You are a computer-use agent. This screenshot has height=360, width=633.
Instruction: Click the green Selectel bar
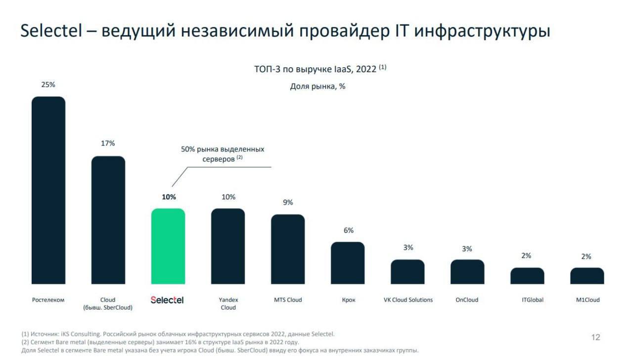[168, 246]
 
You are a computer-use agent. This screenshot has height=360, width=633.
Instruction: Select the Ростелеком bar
[48, 190]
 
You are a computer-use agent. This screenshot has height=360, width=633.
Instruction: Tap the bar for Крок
[348, 263]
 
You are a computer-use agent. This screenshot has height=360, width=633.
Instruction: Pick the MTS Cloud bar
[288, 249]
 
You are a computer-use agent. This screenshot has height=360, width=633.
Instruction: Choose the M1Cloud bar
[587, 276]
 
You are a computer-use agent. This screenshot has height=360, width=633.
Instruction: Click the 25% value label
[48, 85]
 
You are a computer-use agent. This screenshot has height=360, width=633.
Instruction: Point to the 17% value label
[108, 143]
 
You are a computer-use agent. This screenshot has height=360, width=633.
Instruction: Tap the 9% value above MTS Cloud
[288, 202]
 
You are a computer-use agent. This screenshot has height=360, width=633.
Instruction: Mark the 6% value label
[348, 230]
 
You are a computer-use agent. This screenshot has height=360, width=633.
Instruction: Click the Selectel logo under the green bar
[167, 300]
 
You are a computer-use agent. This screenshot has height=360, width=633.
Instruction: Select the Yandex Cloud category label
[228, 304]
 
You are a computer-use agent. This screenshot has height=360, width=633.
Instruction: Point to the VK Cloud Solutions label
[408, 300]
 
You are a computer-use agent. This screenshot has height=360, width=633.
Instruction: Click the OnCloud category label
[467, 300]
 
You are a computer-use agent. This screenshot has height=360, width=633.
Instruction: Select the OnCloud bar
[467, 271]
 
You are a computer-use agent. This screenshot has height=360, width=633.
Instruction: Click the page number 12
[595, 337]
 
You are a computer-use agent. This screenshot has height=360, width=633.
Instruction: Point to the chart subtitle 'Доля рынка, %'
[317, 86]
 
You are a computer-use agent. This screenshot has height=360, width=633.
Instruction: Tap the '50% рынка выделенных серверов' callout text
[223, 154]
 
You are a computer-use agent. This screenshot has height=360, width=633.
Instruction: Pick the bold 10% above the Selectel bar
[169, 197]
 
